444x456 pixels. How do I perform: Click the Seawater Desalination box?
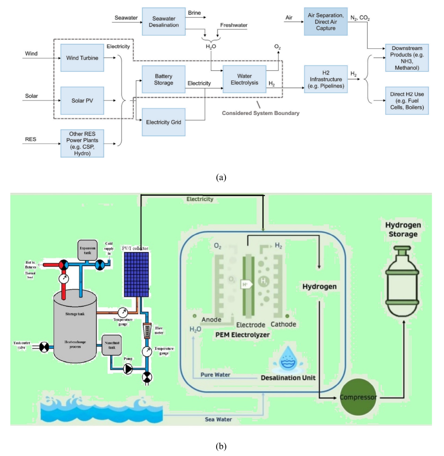pyautogui.click(x=163, y=22)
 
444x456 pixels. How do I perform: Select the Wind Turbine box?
pyautogui.click(x=82, y=58)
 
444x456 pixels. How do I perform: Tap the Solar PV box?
pyautogui.click(x=82, y=101)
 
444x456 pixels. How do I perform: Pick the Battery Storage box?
pyautogui.click(x=163, y=79)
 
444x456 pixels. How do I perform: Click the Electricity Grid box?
pyautogui.click(x=163, y=122)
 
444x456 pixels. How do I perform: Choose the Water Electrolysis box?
pyautogui.click(x=244, y=79)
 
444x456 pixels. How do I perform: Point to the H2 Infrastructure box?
pyautogui.click(x=326, y=79)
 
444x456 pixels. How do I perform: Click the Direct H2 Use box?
pyautogui.click(x=407, y=101)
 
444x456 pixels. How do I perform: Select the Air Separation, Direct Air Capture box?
pyautogui.click(x=326, y=22)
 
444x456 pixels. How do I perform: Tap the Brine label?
pyautogui.click(x=194, y=13)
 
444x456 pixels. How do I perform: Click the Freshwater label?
pyautogui.click(x=234, y=25)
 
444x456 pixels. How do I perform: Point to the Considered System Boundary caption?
pyautogui.click(x=260, y=113)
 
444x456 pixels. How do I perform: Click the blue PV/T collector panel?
pyautogui.click(x=136, y=274)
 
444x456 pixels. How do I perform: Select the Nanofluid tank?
pyautogui.click(x=112, y=345)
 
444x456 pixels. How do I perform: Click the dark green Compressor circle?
pyautogui.click(x=358, y=397)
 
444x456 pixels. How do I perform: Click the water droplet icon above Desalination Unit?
pyautogui.click(x=288, y=359)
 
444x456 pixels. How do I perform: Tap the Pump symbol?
pyautogui.click(x=128, y=369)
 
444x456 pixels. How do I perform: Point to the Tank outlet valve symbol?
pyautogui.click(x=44, y=347)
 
